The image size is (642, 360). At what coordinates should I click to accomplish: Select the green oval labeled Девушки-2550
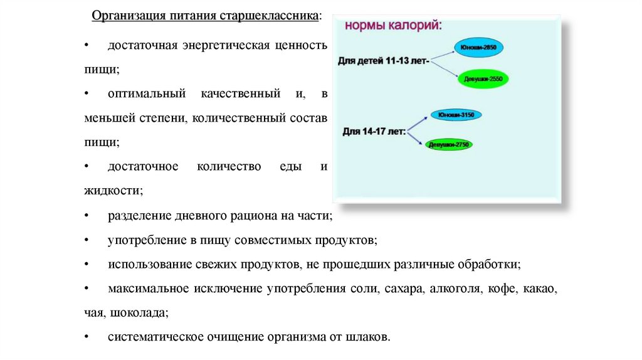point(487,79)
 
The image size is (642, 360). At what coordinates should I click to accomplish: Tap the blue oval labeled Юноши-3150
point(456,115)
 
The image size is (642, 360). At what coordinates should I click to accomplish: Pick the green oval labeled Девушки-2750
point(449,145)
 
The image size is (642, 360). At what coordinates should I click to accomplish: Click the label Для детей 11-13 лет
point(383,61)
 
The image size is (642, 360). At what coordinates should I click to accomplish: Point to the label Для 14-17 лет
point(374,132)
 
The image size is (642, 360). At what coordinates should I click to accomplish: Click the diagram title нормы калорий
point(393,26)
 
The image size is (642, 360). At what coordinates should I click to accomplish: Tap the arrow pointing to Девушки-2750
point(418,139)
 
